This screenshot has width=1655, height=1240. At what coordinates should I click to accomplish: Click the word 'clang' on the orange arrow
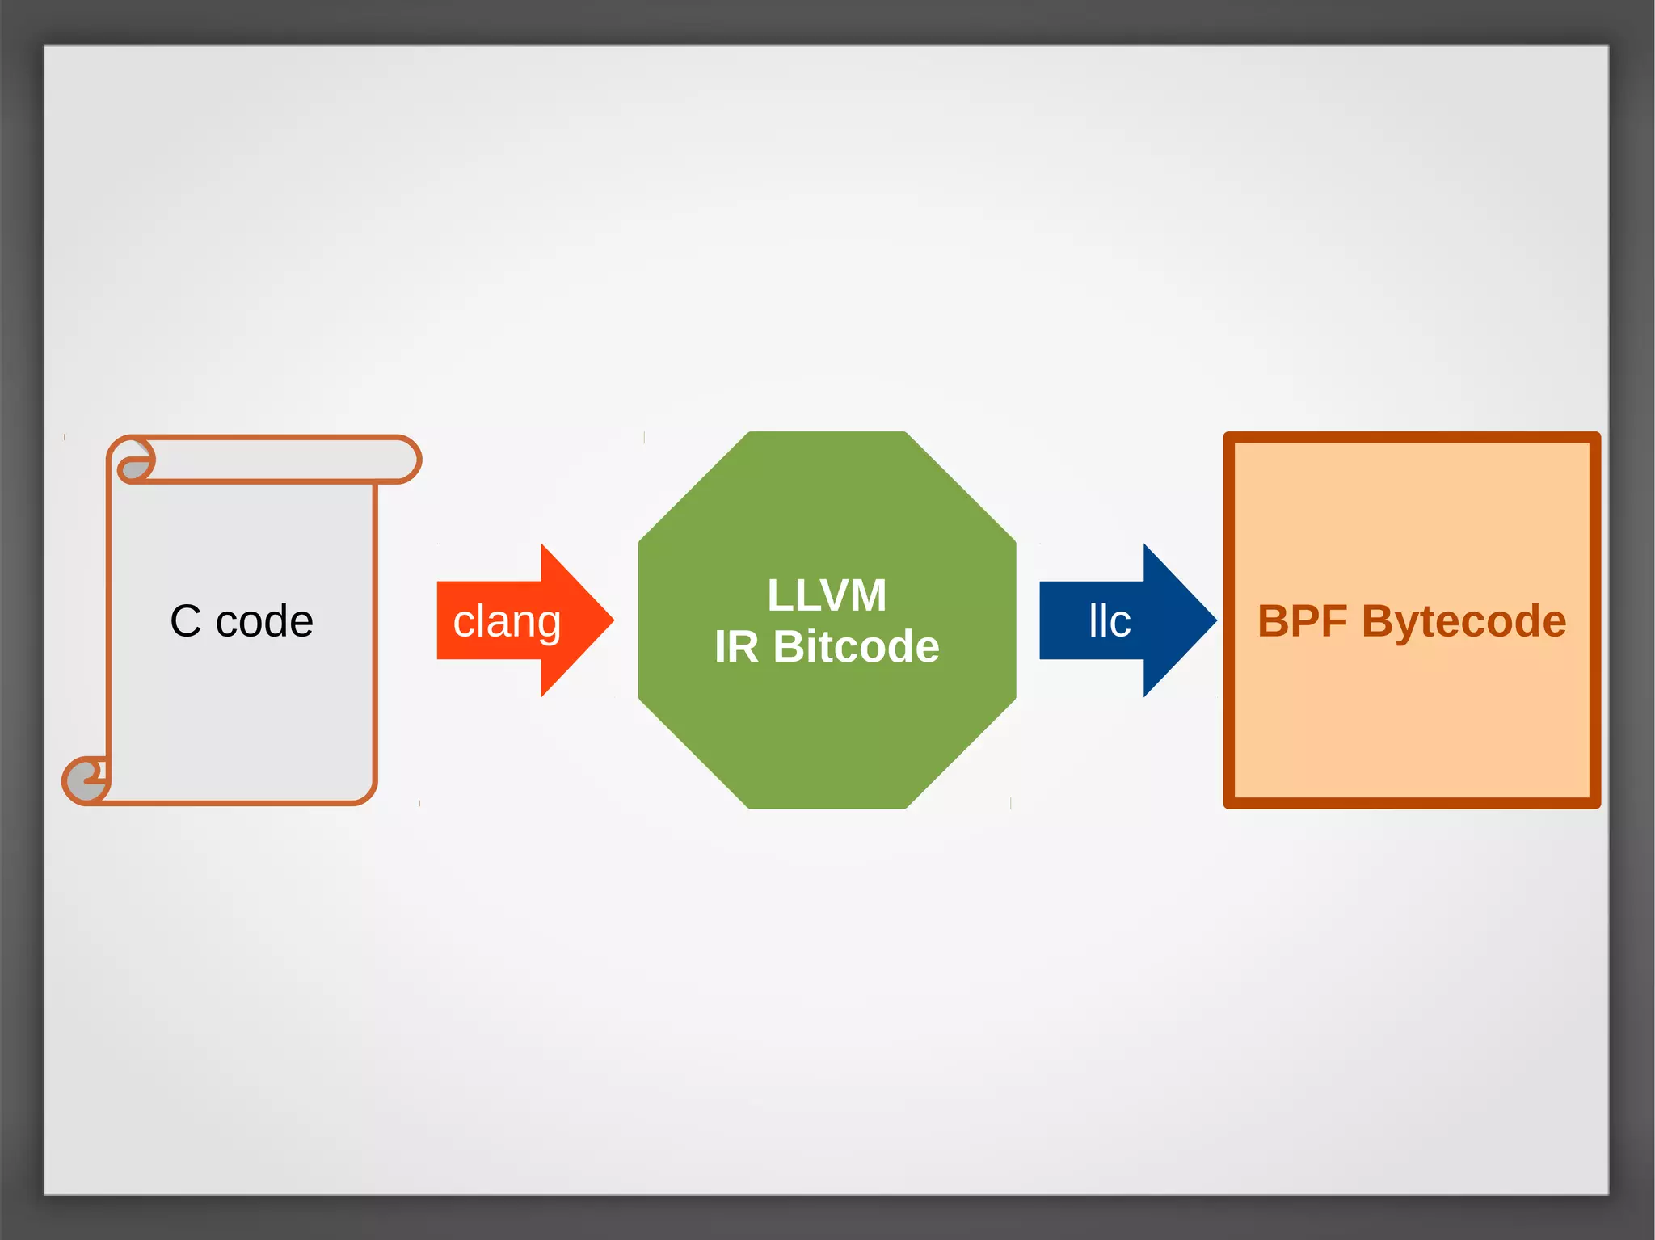[507, 621]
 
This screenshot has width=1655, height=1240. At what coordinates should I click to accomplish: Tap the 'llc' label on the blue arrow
[1110, 621]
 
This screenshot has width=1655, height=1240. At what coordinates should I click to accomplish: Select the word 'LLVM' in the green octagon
[827, 595]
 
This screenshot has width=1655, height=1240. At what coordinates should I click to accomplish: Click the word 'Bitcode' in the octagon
[856, 646]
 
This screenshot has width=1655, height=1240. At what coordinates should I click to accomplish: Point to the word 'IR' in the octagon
[736, 646]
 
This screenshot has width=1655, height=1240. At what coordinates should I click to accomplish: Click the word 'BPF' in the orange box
[1302, 621]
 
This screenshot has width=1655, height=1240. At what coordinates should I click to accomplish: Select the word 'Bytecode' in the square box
[1463, 621]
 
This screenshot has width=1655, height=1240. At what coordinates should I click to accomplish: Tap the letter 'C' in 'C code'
[185, 621]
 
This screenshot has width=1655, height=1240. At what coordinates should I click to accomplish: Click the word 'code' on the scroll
[264, 621]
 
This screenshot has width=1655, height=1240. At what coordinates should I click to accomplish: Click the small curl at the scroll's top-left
[135, 467]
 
